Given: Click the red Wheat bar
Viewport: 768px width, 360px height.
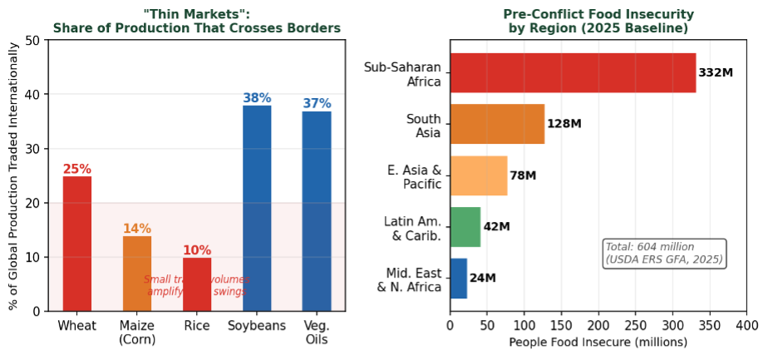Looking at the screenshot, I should [77, 244].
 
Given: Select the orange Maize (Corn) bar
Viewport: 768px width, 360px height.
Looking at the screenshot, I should [137, 274].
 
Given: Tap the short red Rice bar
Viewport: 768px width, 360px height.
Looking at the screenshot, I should [197, 284].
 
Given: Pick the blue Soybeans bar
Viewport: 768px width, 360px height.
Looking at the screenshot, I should [257, 208].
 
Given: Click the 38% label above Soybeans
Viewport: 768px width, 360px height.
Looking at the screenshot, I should [257, 98].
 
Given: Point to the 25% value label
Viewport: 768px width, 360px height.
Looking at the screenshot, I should [77, 169].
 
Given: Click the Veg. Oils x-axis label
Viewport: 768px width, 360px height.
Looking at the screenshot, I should [317, 332].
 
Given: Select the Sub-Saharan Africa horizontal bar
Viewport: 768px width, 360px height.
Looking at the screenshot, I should [573, 73].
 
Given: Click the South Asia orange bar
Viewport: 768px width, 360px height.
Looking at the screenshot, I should [497, 124].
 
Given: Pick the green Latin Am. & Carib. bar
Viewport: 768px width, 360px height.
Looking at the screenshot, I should [465, 227].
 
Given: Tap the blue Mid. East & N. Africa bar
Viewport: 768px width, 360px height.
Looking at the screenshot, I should [459, 279].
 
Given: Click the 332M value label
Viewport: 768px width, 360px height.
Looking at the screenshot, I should [716, 73].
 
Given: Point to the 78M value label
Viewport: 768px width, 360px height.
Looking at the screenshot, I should [524, 176].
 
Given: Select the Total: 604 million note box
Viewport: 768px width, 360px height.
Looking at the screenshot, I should [664, 254].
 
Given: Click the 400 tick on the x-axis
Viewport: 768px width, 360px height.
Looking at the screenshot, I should [746, 326].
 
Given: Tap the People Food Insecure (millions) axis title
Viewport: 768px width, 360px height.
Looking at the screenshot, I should [598, 343].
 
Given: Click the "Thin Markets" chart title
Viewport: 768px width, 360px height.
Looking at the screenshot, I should [197, 22].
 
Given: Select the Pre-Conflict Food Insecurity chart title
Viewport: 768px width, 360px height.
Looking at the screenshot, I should [598, 22].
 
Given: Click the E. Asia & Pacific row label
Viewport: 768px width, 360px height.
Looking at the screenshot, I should [413, 176].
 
